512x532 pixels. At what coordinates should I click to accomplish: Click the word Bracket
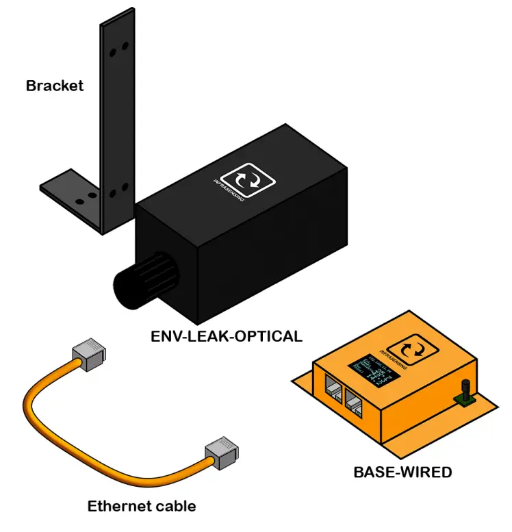pos(55,86)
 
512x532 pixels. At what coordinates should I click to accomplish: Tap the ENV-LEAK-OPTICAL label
pos(226,336)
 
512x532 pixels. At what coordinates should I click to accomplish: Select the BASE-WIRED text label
pos(402,472)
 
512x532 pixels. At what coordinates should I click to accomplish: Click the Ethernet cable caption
pos(142,507)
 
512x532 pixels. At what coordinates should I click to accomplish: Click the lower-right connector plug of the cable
pos(220,455)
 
